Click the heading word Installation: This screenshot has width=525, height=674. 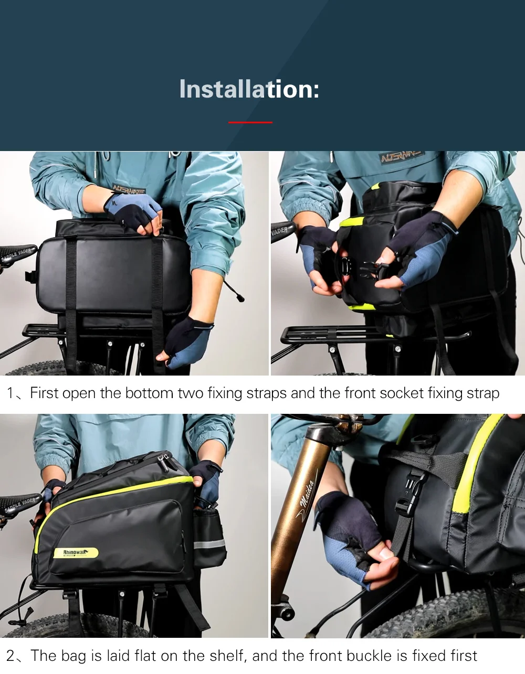[249, 89]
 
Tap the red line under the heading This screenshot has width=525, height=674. [250, 122]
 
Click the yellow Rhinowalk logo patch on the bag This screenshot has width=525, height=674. [76, 552]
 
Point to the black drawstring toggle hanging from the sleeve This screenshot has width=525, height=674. [240, 298]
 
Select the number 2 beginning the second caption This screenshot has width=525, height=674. [11, 656]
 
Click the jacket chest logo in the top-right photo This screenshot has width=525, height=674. [402, 157]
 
